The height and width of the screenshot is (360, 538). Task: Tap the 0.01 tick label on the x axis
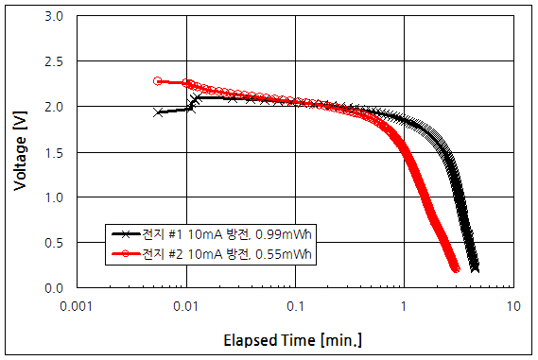pos(186,307)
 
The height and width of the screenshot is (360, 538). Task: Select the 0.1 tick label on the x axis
pos(296,307)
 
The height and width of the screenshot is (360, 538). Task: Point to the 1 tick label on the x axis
pos(405,307)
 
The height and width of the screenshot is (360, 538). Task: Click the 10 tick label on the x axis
pos(513,307)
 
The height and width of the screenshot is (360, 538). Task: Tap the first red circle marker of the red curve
pos(158,81)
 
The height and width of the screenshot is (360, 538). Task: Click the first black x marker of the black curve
pos(158,112)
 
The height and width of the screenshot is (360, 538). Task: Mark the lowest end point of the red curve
pos(456,269)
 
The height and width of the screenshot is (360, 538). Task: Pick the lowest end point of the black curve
pos(475,268)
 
